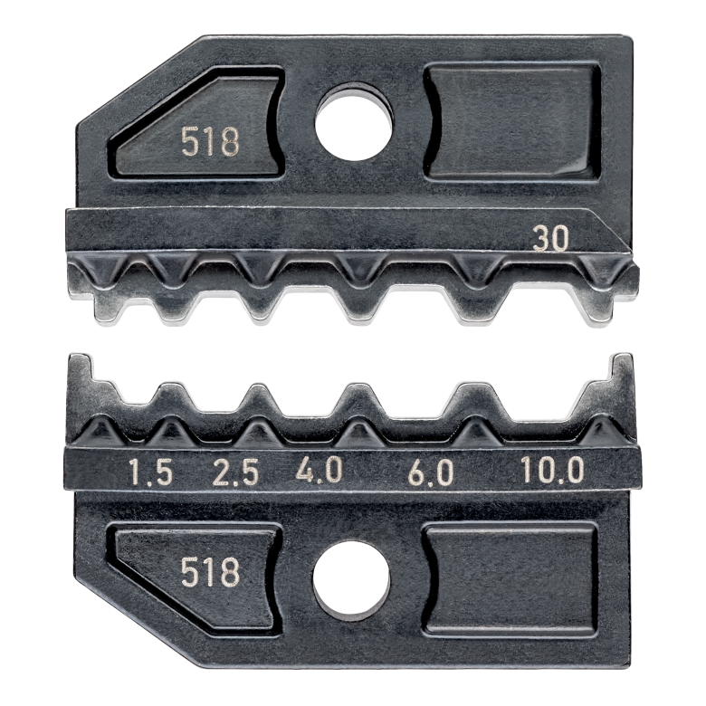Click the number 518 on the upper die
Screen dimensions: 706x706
[210, 141]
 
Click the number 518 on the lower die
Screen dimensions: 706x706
[210, 572]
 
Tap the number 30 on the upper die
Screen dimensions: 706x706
[550, 239]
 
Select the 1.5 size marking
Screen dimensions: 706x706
[151, 472]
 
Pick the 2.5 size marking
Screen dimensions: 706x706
[235, 472]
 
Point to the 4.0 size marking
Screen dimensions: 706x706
[320, 471]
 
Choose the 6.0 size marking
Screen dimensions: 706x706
[431, 472]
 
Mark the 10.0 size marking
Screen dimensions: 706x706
[552, 470]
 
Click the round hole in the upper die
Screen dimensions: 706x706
[354, 121]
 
